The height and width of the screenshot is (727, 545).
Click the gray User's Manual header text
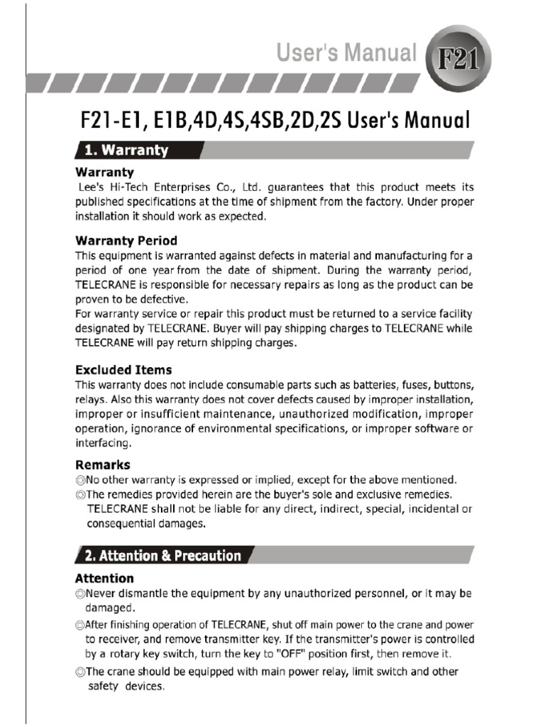click(356, 53)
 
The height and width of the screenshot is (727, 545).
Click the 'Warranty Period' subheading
click(126, 241)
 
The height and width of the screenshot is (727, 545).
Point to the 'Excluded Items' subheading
click(123, 370)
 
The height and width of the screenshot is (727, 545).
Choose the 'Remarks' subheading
click(103, 465)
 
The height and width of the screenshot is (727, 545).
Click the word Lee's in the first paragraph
click(89, 187)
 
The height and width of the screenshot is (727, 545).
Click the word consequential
click(126, 524)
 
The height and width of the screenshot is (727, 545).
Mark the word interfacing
click(103, 443)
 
